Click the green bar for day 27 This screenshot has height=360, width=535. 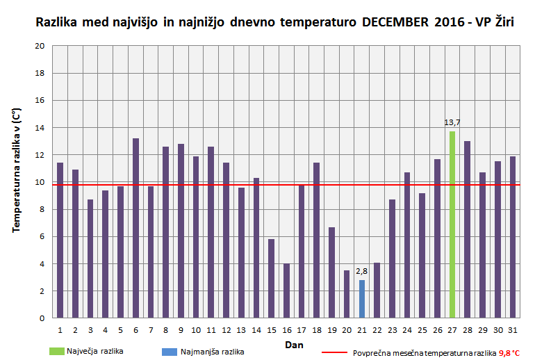tap(452, 224)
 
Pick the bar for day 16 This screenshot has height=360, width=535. tap(286, 291)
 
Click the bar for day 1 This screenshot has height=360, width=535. tap(60, 240)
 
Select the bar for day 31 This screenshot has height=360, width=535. tap(513, 237)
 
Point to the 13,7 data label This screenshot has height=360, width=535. tap(452, 122)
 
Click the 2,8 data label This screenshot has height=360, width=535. tap(361, 271)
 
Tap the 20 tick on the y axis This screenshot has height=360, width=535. tap(40, 46)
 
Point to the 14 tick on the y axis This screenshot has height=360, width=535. tap(40, 128)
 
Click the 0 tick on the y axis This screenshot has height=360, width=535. tap(42, 318)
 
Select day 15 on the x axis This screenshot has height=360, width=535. tap(272, 329)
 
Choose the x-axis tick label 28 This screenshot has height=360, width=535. tap(468, 329)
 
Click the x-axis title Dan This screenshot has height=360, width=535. tap(293, 345)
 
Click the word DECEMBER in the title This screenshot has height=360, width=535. tap(399, 22)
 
